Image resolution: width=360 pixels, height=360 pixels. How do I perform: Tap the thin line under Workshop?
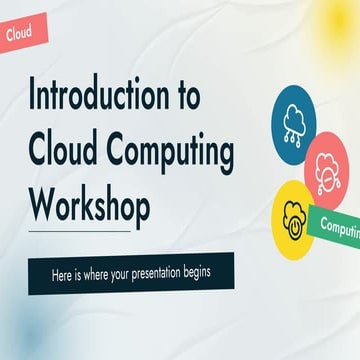pos(80,232)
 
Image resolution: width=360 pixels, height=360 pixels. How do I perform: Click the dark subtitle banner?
pos(130,273)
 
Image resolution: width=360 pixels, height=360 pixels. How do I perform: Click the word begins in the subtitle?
pos(217,273)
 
